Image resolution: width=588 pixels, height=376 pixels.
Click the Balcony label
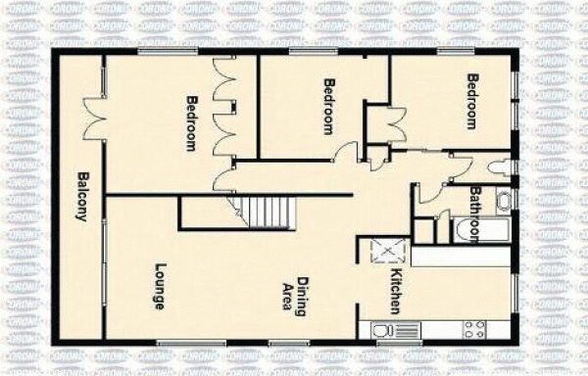coord(82,197)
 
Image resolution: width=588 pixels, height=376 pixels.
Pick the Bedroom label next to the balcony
coord(192,122)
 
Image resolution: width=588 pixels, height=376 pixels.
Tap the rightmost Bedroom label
coord(472,101)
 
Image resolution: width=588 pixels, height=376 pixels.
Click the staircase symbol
coord(262,211)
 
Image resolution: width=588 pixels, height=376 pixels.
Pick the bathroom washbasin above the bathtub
coord(503,203)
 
